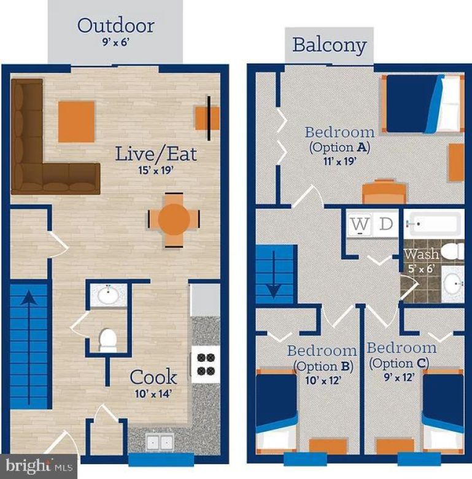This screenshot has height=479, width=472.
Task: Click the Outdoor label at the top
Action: coord(115,26)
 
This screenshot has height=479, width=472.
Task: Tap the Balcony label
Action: coord(329,45)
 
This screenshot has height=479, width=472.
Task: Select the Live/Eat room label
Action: coord(157,154)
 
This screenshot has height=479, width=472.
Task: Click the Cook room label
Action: coord(153,376)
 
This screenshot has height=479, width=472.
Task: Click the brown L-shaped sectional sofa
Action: coord(37,154)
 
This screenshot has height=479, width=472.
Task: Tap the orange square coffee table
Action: coord(77,121)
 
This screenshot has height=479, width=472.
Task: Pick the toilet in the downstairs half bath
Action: coord(108,340)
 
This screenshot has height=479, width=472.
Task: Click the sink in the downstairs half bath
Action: coord(108,295)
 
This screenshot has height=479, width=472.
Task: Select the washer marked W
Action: coord(361,225)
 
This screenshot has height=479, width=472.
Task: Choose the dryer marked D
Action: coord(385,225)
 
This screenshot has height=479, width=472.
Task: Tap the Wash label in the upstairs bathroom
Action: coord(421,254)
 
